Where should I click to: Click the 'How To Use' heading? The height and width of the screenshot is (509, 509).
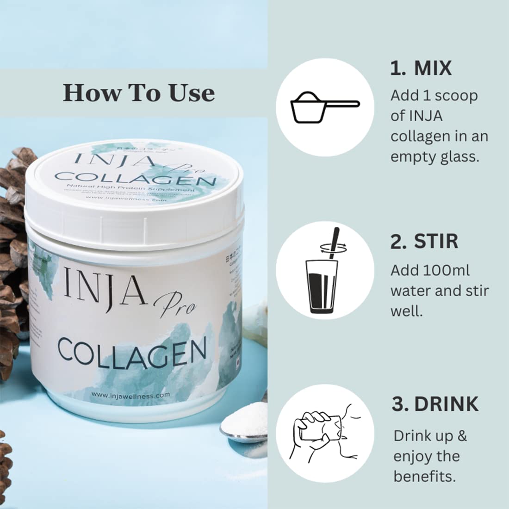point(139,93)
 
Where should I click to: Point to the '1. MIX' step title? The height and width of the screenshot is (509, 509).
point(421,68)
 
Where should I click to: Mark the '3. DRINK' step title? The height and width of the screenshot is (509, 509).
point(435,404)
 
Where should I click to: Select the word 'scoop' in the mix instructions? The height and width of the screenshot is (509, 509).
point(457,96)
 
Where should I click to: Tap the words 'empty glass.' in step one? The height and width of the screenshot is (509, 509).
point(435,157)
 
